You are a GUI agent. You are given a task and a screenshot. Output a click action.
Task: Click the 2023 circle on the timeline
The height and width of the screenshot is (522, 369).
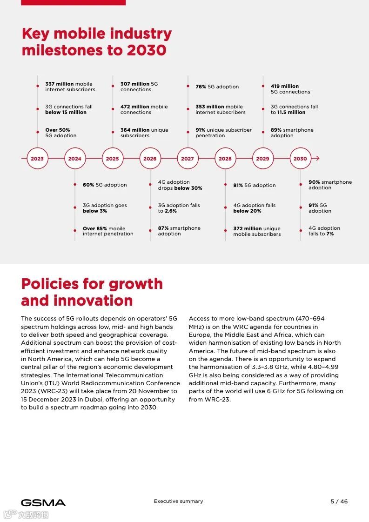click(37, 159)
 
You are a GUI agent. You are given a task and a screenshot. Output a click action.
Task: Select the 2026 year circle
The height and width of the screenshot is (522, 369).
click(150, 159)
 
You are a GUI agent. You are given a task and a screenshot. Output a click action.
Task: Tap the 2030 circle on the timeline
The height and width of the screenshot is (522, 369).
click(300, 159)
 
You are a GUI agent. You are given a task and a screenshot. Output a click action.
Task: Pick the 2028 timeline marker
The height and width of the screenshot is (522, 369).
click(225, 159)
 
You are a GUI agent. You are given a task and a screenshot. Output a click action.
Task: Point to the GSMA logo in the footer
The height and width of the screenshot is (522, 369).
click(43, 502)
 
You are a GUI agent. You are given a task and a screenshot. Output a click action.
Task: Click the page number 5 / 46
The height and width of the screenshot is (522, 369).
click(339, 502)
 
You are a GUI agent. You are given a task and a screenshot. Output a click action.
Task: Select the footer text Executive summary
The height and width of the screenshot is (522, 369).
click(178, 502)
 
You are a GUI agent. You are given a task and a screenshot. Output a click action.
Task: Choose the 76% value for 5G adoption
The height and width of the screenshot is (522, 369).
click(201, 87)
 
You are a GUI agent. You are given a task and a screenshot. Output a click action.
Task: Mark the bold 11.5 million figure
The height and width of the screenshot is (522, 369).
click(291, 112)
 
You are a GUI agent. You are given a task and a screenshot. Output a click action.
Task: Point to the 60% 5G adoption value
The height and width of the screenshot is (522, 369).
click(88, 185)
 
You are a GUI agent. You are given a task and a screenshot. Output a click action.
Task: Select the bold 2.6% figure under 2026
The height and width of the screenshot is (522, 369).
click(171, 211)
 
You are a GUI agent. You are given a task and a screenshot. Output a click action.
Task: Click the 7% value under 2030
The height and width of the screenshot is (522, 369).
click(330, 234)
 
